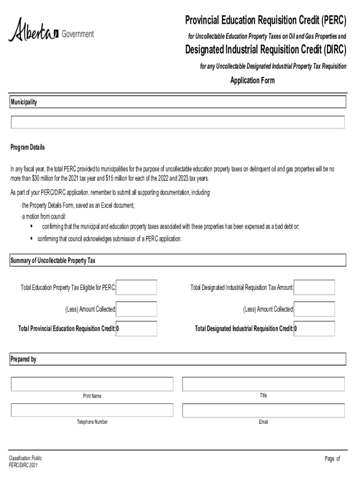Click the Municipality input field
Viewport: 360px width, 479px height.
click(178, 123)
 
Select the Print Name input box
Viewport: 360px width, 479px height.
click(92, 384)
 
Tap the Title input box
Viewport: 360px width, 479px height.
click(263, 384)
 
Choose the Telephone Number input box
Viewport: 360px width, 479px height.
click(92, 410)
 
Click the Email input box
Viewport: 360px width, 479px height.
click(263, 410)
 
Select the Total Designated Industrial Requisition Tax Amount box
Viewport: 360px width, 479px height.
click(314, 287)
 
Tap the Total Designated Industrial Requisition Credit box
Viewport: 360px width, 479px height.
click(314, 328)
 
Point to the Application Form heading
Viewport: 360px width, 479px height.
click(252, 80)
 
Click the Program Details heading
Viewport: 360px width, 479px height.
click(28, 147)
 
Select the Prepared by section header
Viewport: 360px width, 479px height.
click(23, 359)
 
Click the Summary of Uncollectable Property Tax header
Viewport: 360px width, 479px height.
click(53, 261)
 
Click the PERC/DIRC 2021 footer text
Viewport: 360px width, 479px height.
click(23, 466)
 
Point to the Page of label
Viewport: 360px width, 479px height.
click(332, 459)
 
